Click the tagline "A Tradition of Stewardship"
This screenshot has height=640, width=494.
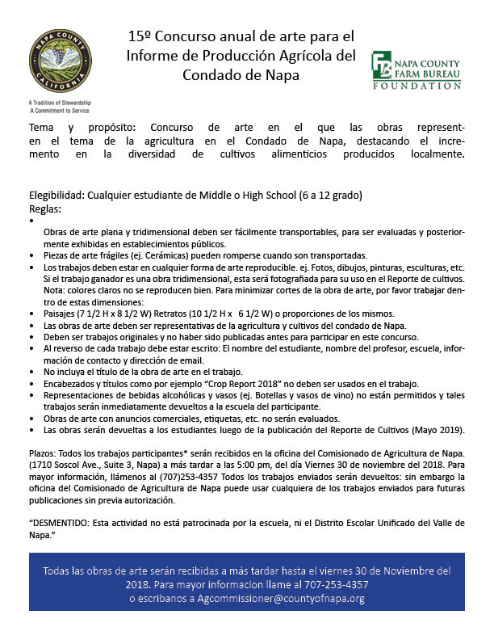click(59, 103)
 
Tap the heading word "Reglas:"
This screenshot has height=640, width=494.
click(45, 208)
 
